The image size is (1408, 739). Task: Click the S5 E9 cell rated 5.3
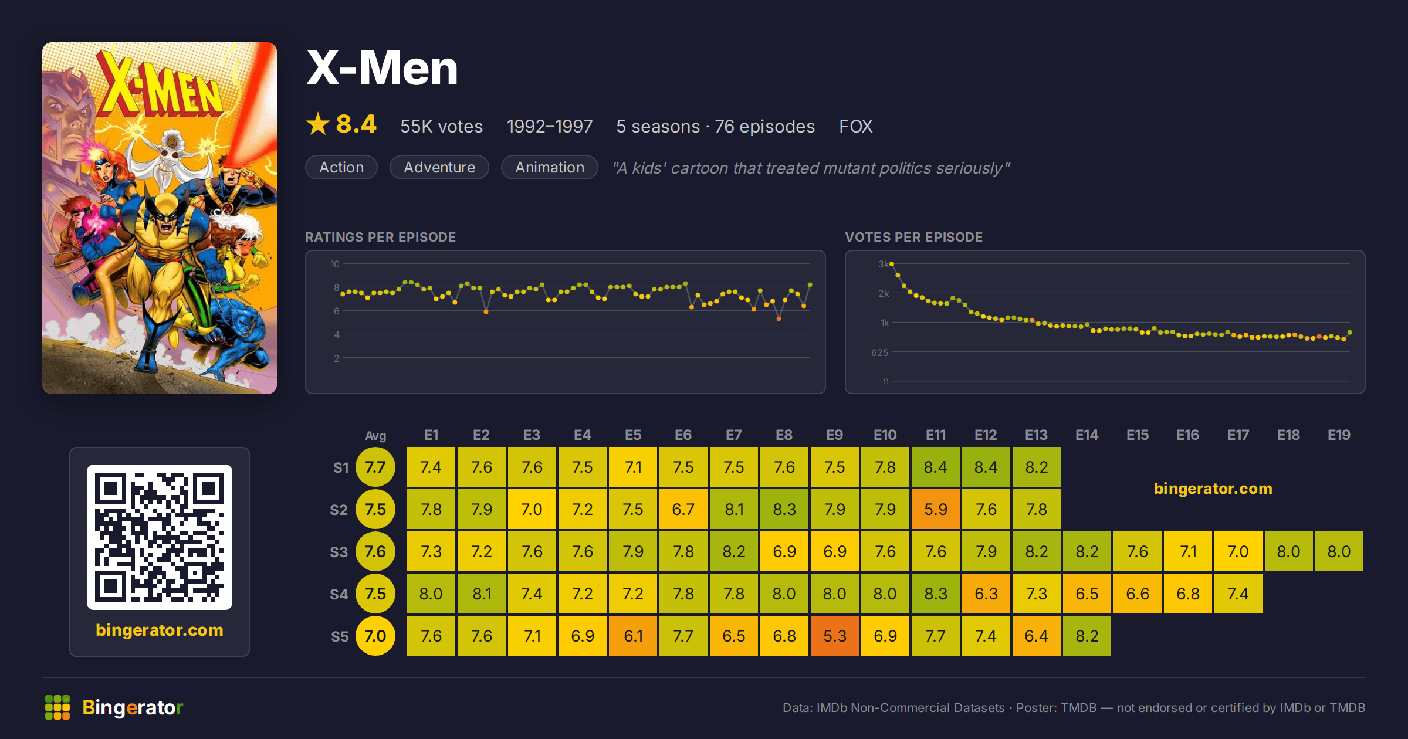coord(834,636)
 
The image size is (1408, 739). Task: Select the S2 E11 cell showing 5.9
coord(935,509)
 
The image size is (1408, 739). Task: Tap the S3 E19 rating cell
coord(1339,551)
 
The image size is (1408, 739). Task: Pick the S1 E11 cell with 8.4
coord(935,467)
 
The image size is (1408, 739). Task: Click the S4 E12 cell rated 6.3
coord(986,594)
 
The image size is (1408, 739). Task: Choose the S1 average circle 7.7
coord(375,467)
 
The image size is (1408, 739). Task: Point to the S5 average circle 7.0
coord(375,636)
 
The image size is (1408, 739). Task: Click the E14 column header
coord(1087,435)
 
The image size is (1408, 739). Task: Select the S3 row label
coord(339,552)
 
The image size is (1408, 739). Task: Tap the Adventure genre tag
coord(439,167)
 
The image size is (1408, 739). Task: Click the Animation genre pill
coord(550,167)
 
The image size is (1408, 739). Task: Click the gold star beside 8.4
coord(318,124)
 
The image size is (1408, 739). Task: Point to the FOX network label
coord(855,126)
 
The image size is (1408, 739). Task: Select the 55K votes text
coord(441,126)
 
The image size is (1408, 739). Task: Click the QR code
coord(160,537)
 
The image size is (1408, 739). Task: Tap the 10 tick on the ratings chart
coord(335,264)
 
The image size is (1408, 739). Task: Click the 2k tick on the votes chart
coord(884,293)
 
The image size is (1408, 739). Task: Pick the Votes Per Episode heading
coord(913,237)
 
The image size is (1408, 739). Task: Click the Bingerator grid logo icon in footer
coord(57,707)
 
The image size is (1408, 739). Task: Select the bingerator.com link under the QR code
coord(160,630)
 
